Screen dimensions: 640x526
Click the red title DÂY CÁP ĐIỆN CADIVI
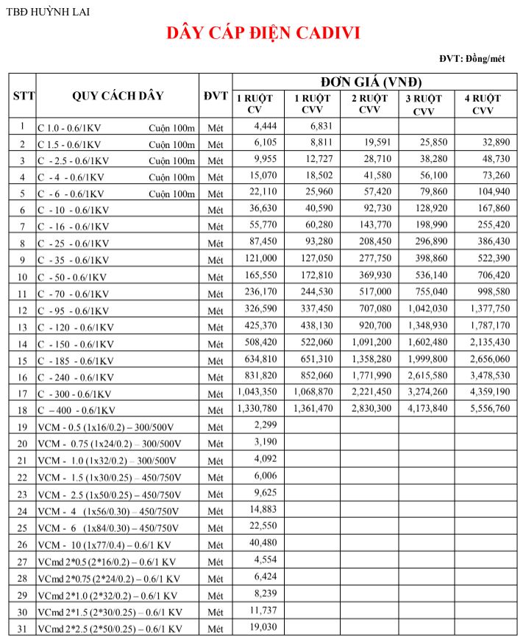[x=263, y=33]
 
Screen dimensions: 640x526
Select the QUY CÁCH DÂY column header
[x=118, y=96]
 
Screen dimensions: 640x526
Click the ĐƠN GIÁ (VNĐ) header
[x=371, y=82]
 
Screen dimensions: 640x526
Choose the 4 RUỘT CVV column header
[x=482, y=104]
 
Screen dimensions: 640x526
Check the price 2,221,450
[x=371, y=391]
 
